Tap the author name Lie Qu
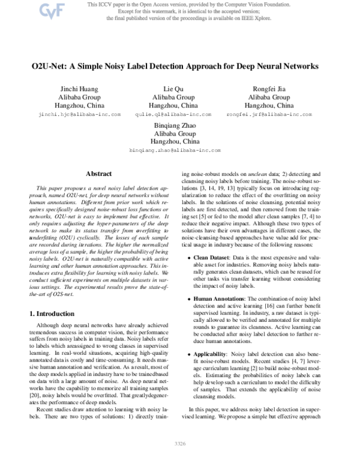173,89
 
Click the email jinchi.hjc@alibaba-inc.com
80,113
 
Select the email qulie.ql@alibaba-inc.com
173,113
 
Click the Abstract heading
98,174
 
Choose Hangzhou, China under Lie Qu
173,105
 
